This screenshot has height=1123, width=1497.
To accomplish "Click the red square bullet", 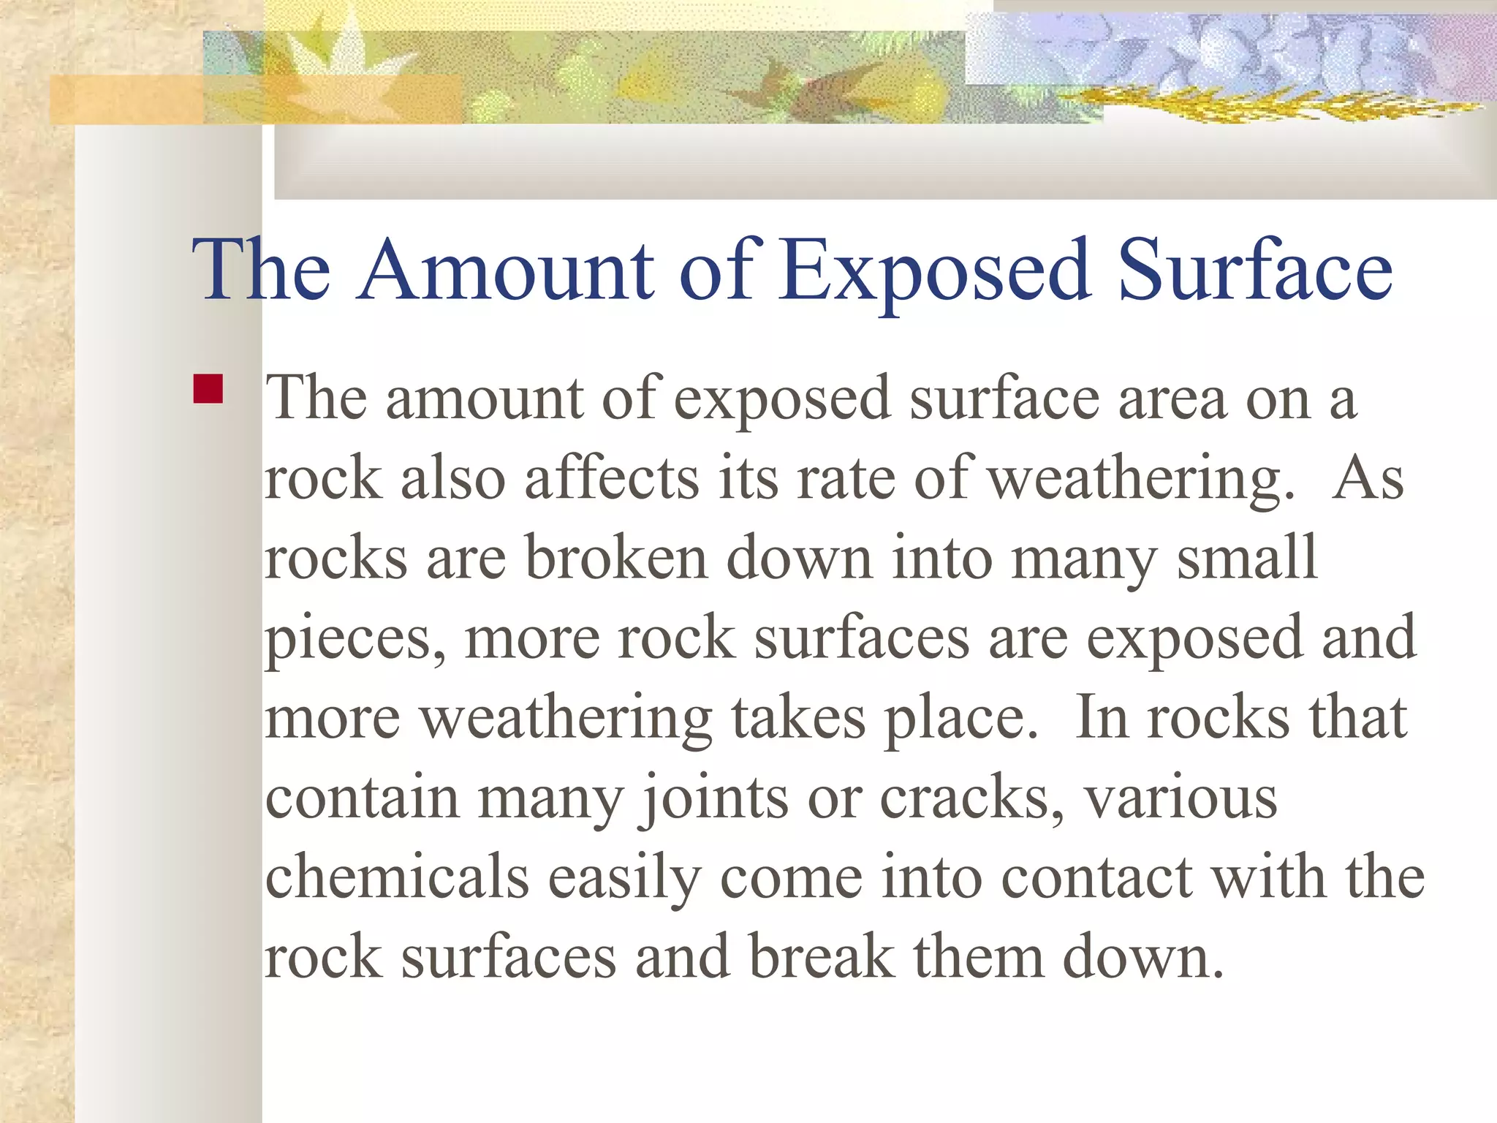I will (x=208, y=389).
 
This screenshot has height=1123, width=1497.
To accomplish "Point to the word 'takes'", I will (x=798, y=718).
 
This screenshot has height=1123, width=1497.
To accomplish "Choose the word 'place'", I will (x=959, y=719).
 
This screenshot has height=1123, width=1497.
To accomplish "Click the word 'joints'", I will (x=715, y=798).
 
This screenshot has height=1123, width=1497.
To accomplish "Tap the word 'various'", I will (x=1181, y=798).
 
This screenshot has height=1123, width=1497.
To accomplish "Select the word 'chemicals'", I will (x=397, y=877).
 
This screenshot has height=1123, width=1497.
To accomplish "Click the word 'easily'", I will (x=625, y=879).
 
